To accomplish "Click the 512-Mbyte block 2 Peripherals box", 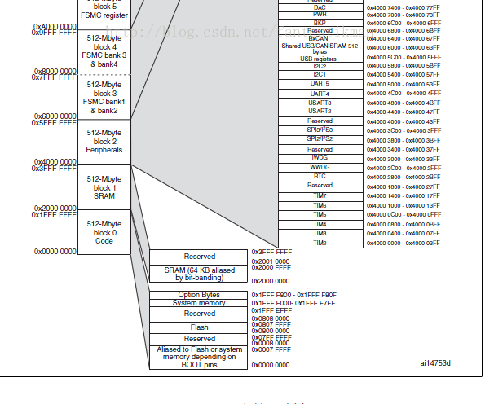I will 104,142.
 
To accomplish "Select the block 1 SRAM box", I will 104,187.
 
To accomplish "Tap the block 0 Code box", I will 104,232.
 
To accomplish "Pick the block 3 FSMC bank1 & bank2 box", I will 104,97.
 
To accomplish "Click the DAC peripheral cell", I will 320,7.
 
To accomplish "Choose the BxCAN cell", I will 320,38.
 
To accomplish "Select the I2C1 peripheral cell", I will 320,74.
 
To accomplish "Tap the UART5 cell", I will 320,84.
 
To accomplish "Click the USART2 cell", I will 320,111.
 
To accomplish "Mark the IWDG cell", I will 320,157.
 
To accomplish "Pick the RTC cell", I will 320,176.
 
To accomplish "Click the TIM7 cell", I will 320,195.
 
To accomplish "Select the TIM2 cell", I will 320,243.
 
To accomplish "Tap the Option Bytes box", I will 199,295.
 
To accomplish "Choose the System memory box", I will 199,303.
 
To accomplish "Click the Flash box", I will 199,327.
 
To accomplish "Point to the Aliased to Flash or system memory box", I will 199,357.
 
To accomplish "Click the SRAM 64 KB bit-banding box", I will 199,274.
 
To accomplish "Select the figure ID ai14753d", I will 435,363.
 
